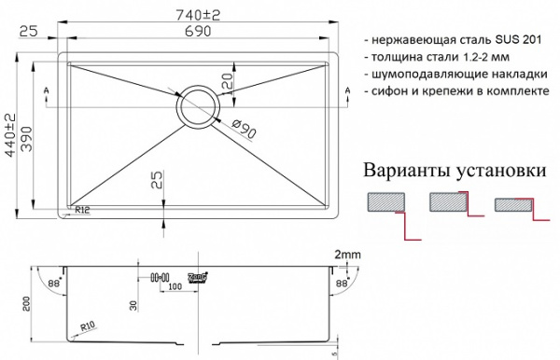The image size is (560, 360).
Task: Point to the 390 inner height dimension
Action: (x=28, y=133)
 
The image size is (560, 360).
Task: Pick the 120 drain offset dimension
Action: (x=225, y=85)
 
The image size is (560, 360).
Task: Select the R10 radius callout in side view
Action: (x=90, y=326)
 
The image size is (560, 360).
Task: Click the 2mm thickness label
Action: (x=347, y=254)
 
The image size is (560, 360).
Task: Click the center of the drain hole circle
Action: (x=196, y=108)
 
